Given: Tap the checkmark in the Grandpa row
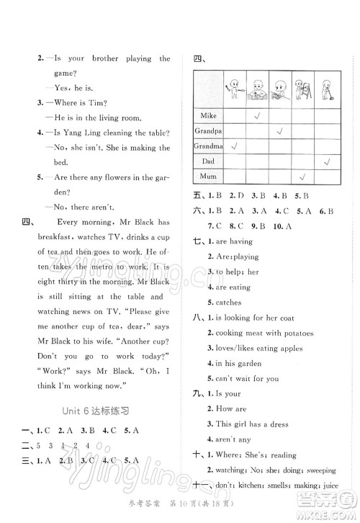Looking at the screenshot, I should tap(279, 131).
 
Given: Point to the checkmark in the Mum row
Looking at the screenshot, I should tap(302, 178).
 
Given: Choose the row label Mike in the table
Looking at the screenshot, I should tap(208, 115).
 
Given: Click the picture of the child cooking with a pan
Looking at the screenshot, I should tap(257, 90).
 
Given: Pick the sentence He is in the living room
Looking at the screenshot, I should tap(94, 118).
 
